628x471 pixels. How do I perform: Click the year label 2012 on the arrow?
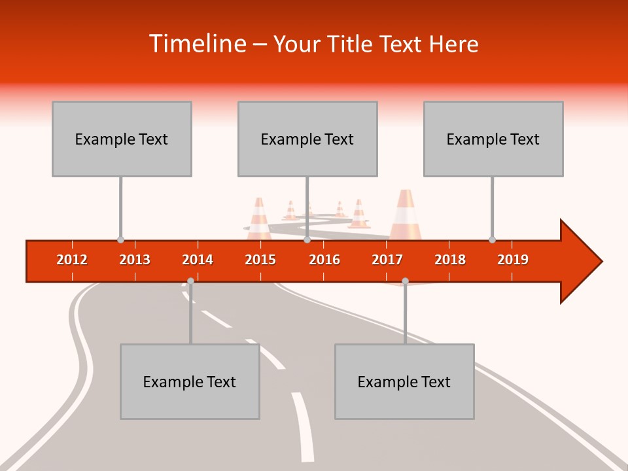[72, 260]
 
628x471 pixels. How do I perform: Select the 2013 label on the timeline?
[135, 260]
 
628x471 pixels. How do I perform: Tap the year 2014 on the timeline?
[198, 260]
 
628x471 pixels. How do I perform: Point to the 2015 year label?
[260, 260]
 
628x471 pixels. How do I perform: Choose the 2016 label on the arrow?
[324, 260]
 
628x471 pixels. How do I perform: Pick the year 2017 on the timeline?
[387, 260]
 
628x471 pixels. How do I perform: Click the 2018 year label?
[450, 260]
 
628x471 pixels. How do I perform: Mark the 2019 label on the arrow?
[513, 260]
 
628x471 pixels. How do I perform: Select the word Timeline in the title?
[198, 44]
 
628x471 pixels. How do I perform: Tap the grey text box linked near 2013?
[122, 139]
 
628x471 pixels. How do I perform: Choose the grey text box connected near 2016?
[307, 139]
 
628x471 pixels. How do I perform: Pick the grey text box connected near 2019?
[493, 139]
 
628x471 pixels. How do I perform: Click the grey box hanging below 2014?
[190, 381]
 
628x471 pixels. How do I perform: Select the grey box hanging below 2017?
[404, 381]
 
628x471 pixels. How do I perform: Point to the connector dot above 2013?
[120, 239]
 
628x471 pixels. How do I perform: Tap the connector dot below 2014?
[190, 281]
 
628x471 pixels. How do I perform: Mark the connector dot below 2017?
[405, 281]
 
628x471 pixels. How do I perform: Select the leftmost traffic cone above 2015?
[259, 218]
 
